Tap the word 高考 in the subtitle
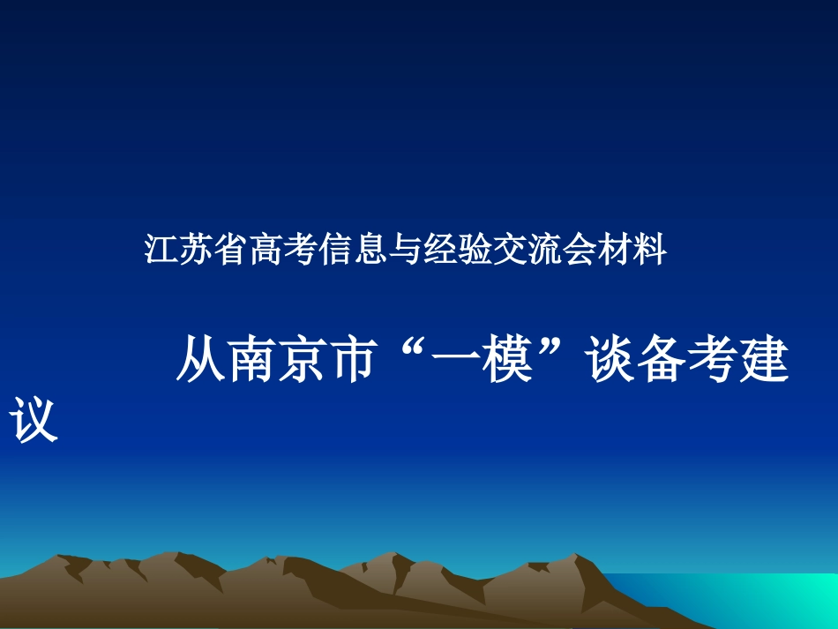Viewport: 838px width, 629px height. tap(274, 251)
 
